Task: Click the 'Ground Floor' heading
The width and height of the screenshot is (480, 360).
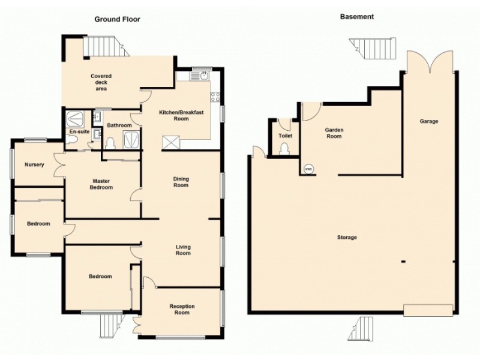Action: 118,19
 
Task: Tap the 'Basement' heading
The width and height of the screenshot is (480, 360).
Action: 356,17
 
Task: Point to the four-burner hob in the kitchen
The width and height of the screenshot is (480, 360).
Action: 216,96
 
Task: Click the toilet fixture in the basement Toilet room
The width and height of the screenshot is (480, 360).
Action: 284,148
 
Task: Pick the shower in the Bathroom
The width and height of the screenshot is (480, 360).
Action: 130,140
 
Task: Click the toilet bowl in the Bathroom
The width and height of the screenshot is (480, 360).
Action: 110,143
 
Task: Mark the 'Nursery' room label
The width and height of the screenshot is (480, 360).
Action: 34,164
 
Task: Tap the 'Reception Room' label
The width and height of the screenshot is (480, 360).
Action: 181,309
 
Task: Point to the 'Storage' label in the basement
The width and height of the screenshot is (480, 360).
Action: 347,238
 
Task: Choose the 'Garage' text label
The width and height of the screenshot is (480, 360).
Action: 429,121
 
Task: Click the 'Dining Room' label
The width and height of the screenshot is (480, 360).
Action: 181,182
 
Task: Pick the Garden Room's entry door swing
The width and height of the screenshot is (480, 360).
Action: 310,110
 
